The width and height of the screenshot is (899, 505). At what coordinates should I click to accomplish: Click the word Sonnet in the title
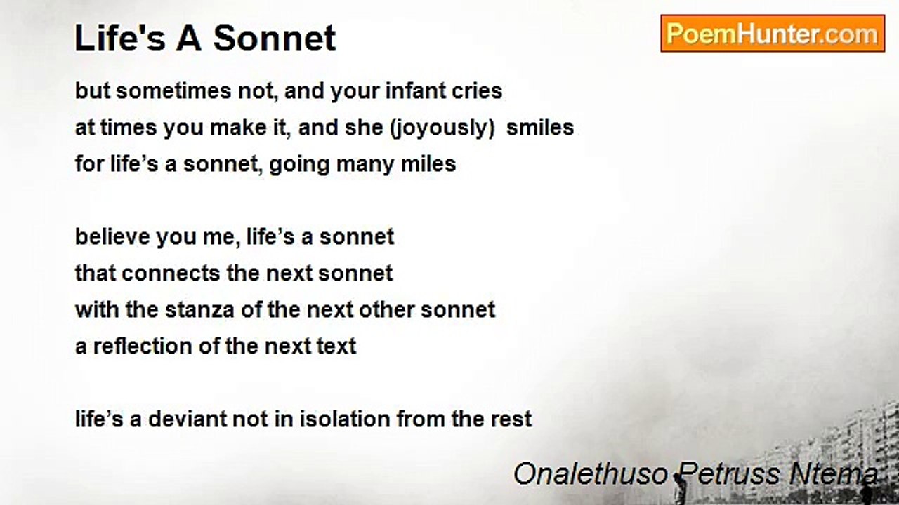275,38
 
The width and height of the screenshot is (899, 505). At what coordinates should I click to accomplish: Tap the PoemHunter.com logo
773,34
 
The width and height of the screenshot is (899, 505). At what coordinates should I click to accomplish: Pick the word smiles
540,128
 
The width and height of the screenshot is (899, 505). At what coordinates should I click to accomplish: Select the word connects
171,274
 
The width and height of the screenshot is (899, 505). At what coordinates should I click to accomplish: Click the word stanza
199,310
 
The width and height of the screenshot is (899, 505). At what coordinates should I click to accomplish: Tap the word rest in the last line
511,419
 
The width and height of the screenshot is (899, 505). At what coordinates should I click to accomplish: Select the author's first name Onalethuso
591,474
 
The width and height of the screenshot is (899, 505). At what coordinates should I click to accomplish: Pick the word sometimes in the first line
173,90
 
